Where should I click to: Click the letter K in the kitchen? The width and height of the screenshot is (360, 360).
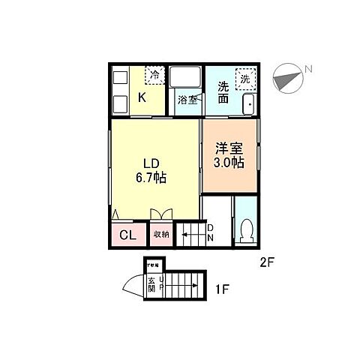click(x=142, y=97)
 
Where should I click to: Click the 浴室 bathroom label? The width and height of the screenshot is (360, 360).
click(x=187, y=100)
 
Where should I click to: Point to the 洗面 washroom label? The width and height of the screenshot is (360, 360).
click(x=223, y=91)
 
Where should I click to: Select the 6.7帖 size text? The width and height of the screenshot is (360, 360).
click(x=151, y=178)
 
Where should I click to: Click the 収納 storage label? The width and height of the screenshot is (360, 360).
click(x=161, y=235)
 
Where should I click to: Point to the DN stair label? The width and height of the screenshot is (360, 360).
click(x=211, y=232)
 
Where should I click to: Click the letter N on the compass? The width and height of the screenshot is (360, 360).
click(x=307, y=70)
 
